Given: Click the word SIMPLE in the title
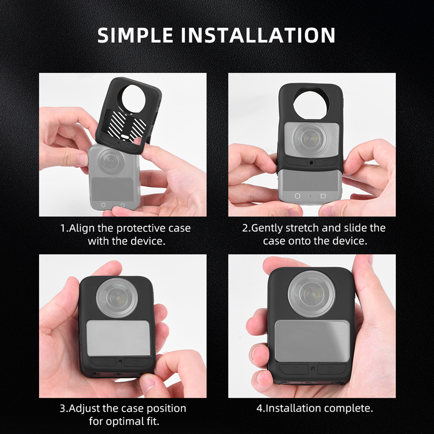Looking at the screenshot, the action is [x=135, y=35].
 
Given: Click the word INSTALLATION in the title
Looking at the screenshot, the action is [x=258, y=35].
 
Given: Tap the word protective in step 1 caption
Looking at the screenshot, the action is [x=140, y=228].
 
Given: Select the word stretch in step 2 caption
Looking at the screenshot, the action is [x=302, y=228].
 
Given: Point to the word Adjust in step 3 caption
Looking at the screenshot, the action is [x=84, y=409].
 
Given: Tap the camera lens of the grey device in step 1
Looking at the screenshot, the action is [x=111, y=161].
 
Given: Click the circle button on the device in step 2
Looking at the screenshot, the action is [x=297, y=196].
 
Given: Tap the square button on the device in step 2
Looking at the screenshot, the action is [x=323, y=196].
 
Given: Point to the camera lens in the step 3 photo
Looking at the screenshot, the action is [x=117, y=298].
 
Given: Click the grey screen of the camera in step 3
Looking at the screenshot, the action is [x=118, y=338].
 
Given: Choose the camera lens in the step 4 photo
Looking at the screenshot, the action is [x=312, y=293].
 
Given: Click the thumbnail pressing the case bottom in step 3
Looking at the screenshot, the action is [x=147, y=382].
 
